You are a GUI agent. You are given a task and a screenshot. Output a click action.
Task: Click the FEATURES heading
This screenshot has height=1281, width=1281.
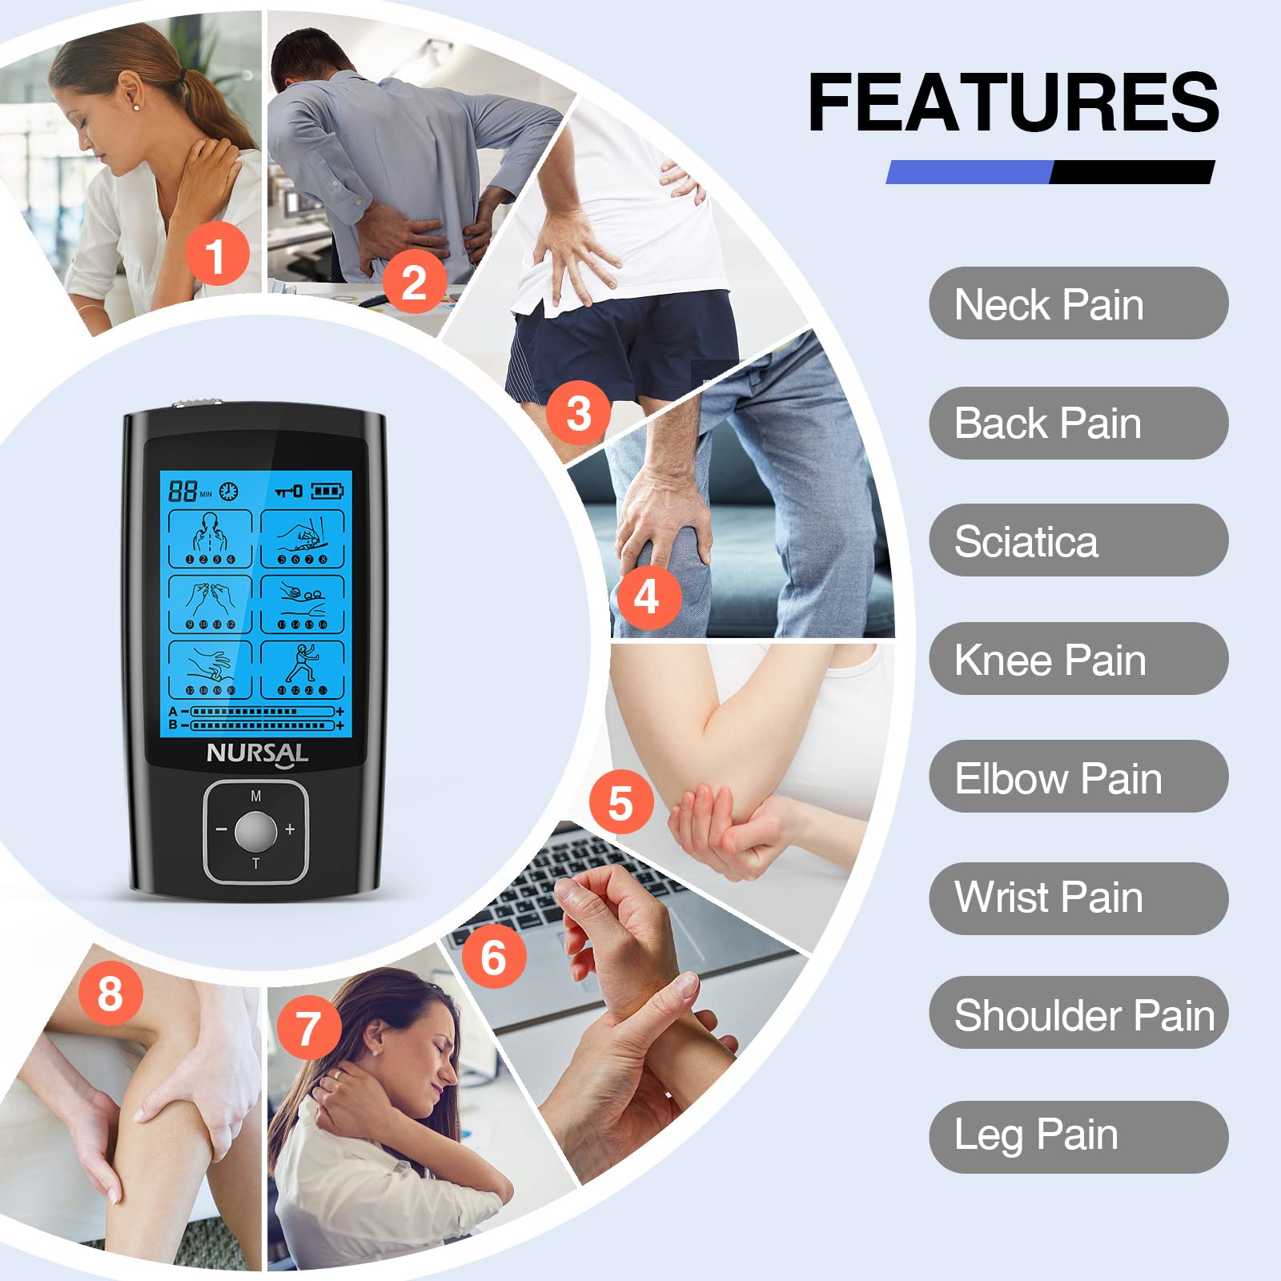(1014, 102)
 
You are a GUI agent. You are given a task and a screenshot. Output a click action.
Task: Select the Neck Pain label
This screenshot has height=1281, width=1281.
(1078, 303)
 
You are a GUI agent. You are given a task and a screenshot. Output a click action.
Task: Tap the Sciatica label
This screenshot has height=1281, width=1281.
(1078, 540)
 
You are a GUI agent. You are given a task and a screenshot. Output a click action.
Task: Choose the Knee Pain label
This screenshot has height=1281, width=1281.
(1078, 659)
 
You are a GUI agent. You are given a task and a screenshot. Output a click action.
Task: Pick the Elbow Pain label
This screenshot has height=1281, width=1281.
(1078, 777)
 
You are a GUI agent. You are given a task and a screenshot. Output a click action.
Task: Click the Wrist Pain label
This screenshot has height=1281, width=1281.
(1078, 898)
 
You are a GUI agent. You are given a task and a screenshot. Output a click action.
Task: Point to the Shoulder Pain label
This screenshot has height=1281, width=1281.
(1078, 1013)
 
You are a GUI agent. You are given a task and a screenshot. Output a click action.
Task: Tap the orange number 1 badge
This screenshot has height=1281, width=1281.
(217, 255)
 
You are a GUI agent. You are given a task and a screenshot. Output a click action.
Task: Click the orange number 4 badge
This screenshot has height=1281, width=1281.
(647, 597)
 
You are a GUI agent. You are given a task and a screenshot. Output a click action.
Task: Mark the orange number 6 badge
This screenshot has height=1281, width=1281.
(494, 957)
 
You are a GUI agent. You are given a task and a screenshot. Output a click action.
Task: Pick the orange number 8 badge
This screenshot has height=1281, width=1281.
(110, 994)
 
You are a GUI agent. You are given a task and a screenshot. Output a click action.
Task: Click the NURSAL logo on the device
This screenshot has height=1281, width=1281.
(257, 754)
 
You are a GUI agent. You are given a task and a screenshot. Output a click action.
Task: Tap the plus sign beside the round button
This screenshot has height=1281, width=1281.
(290, 829)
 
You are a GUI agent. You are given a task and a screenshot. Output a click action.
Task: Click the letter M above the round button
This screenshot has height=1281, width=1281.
(256, 796)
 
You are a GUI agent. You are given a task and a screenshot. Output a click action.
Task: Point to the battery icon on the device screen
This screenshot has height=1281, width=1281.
(327, 490)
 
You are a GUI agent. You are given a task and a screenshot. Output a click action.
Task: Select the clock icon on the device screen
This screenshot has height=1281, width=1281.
(229, 491)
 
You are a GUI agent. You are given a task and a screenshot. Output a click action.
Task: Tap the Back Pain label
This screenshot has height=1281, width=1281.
(1078, 423)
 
